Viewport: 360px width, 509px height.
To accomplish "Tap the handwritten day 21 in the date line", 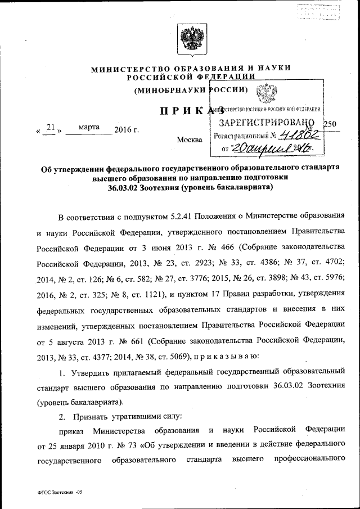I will pos(50,128).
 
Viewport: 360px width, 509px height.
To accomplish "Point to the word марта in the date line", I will pos(89,127).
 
